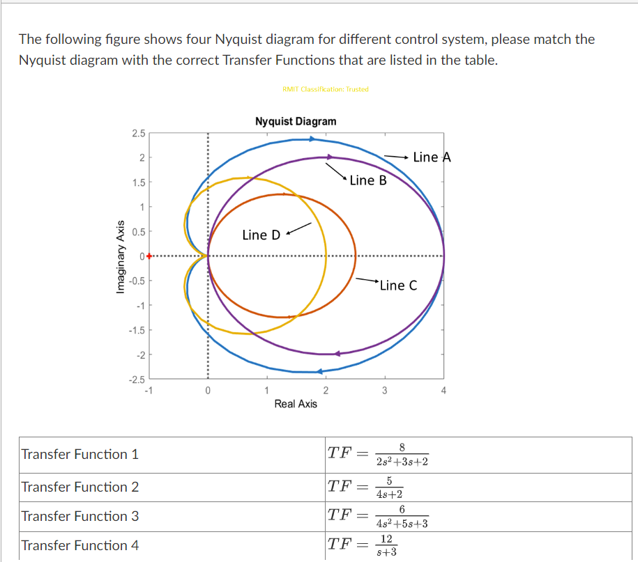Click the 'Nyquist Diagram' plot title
(296, 121)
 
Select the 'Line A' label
(432, 157)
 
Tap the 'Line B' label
(367, 180)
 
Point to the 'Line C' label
(398, 285)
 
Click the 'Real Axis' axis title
(296, 403)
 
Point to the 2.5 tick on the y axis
(138, 133)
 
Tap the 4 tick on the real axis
(443, 391)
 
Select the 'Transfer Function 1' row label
(80, 454)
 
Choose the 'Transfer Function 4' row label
(80, 545)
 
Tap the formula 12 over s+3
(386, 545)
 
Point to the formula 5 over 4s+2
(388, 487)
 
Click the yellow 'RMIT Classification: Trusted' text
(326, 89)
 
